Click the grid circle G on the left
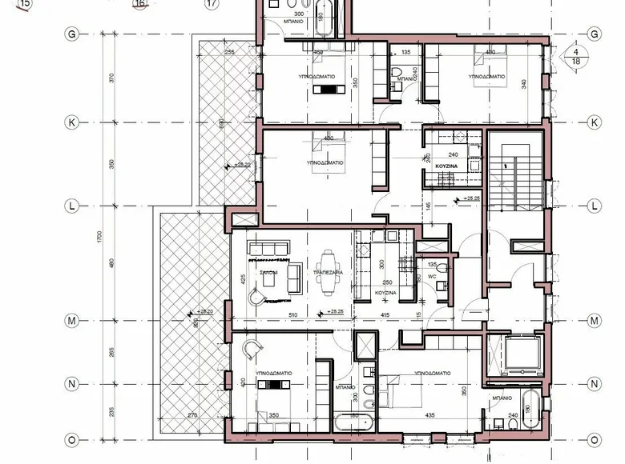(72, 34)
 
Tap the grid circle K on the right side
(595, 123)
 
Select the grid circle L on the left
(72, 205)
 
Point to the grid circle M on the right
(595, 321)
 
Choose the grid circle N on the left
(72, 384)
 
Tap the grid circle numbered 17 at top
(212, 3)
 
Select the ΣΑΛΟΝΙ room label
(268, 273)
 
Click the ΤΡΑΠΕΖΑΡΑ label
(329, 273)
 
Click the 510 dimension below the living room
(293, 315)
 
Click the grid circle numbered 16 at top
(142, 3)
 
